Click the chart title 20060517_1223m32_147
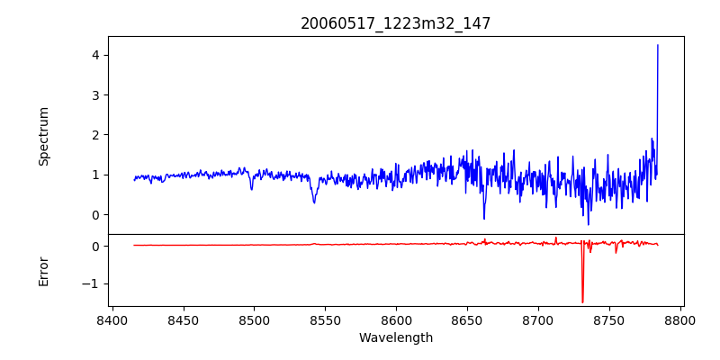point(396,23)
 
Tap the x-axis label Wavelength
point(396,338)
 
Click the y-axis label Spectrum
point(43,136)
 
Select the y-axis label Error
point(43,271)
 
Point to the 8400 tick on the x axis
point(112,320)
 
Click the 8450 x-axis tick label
point(183,320)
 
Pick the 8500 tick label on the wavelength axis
point(254,320)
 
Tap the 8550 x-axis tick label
point(325,320)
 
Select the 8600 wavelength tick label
point(396,320)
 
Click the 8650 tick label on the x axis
point(467,320)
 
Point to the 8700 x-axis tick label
point(538,320)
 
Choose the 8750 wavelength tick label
point(609,320)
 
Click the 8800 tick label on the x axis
point(680,320)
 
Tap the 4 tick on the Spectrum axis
point(94,56)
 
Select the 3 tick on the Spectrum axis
point(94,95)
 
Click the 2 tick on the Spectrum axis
point(94,135)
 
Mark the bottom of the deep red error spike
point(582,302)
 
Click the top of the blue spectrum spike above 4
point(658,45)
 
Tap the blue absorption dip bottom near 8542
point(314,202)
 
